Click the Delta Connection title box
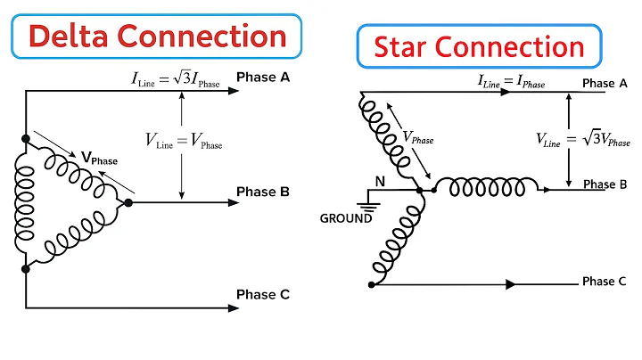(147, 37)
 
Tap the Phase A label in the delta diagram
(262, 78)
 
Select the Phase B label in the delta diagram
(262, 192)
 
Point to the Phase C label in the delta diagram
(262, 295)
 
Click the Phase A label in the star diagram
(598, 84)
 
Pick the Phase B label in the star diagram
(605, 184)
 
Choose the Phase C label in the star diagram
(598, 282)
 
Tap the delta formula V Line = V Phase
(184, 140)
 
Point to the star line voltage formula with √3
(582, 138)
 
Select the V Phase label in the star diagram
(417, 138)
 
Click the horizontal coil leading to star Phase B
(493, 188)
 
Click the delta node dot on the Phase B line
(128, 203)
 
